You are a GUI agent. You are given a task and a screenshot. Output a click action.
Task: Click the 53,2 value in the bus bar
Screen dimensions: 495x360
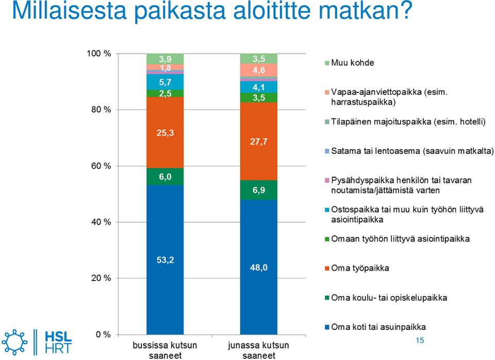(x=165, y=260)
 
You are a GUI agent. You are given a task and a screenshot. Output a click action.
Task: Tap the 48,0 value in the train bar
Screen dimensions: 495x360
(x=258, y=268)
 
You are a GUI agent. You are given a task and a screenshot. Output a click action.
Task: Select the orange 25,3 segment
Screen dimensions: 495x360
(x=165, y=133)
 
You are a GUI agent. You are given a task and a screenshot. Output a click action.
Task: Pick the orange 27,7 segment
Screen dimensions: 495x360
(x=258, y=141)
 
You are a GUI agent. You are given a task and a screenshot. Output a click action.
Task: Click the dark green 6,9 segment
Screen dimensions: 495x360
(x=258, y=190)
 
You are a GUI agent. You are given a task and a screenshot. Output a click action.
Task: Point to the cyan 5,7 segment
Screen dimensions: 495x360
(x=165, y=82)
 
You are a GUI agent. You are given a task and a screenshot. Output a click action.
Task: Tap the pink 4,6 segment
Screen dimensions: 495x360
(x=258, y=70)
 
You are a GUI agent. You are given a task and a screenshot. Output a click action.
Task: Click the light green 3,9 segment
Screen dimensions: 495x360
(x=165, y=59)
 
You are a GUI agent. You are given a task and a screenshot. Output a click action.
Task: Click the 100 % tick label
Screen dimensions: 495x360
(x=99, y=54)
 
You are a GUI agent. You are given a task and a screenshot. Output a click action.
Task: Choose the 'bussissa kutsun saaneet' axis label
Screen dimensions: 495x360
(x=165, y=350)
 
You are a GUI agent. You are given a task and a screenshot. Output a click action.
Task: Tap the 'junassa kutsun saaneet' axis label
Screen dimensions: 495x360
(x=258, y=350)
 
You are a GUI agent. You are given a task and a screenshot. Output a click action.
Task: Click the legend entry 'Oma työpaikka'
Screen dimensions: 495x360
(x=357, y=268)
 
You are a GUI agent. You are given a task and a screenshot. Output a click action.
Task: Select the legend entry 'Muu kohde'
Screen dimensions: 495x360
(x=349, y=63)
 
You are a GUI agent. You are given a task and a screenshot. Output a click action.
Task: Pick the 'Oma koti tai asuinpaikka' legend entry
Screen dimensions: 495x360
(x=375, y=327)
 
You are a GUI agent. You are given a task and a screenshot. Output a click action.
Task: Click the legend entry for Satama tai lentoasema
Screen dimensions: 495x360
(x=409, y=151)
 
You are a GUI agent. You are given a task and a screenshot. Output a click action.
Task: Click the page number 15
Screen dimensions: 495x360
(x=420, y=340)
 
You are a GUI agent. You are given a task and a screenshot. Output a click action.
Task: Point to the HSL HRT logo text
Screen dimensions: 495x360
(x=58, y=342)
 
